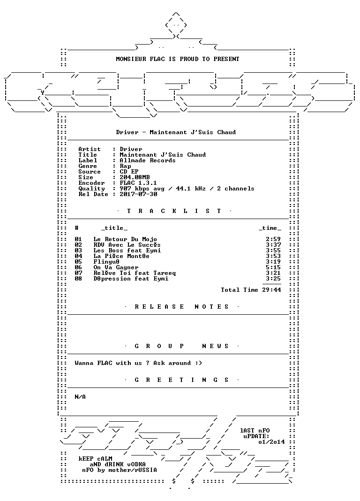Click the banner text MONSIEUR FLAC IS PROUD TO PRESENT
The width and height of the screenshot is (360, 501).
tap(178, 59)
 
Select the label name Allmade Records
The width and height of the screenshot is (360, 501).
tap(148, 160)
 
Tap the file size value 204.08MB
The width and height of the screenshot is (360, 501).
tap(135, 177)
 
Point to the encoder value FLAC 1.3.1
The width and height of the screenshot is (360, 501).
tap(138, 183)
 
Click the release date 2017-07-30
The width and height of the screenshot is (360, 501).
tap(138, 194)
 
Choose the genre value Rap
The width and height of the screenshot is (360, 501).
tap(125, 166)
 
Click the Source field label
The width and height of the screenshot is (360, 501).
tap(90, 172)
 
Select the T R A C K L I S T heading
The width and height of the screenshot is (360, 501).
tap(174, 211)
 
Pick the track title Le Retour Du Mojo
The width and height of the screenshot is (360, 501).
tap(125, 239)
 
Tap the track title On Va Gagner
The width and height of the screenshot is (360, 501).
tap(116, 267)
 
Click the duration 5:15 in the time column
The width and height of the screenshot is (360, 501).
tap(273, 267)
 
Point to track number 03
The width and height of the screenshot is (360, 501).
tap(78, 250)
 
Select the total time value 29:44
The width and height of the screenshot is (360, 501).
tap(271, 290)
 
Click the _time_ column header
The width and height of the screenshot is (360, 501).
tap(270, 228)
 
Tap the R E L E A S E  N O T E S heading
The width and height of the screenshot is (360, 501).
tap(181, 307)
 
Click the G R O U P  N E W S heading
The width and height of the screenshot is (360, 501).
tap(181, 346)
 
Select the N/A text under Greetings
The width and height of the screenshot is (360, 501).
tap(80, 397)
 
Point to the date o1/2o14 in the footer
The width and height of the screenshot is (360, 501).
tap(271, 442)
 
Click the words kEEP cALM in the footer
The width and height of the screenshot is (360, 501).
tap(95, 459)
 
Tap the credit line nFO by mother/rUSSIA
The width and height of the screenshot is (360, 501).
tap(120, 470)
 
